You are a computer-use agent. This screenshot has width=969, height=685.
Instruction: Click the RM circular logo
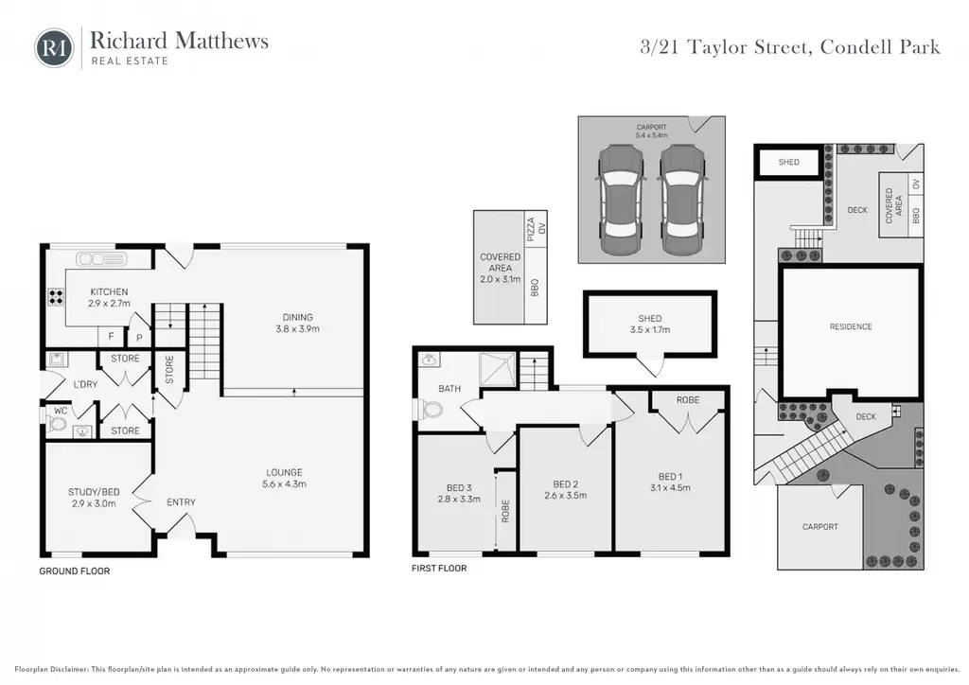point(54,47)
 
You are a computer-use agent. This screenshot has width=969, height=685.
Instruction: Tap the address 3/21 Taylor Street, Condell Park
point(790,47)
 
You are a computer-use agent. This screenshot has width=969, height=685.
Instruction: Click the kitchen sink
point(101,258)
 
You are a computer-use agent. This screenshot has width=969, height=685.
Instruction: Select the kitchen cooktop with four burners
point(56,298)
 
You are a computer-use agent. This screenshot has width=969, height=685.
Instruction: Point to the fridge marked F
point(112,337)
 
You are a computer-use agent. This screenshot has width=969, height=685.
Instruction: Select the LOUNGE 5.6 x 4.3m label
point(284,478)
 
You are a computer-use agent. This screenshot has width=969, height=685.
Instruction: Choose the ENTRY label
point(181,502)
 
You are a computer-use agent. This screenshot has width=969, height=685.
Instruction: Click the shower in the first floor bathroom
point(498,369)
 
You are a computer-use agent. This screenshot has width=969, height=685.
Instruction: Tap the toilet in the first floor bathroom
point(431,409)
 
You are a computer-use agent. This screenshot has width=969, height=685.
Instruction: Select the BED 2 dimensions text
point(566,496)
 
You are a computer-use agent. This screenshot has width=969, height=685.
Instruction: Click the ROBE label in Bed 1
point(688,400)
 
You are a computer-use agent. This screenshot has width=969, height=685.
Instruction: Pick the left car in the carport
point(621,200)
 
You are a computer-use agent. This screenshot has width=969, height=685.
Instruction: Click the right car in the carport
point(681,200)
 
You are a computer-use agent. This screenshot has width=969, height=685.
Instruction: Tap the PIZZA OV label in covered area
point(536,228)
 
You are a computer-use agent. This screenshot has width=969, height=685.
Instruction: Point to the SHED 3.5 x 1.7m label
point(650,324)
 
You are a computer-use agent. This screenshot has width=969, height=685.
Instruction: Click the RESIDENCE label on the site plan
point(851,326)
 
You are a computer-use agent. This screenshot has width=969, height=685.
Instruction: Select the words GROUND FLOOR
point(75,571)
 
